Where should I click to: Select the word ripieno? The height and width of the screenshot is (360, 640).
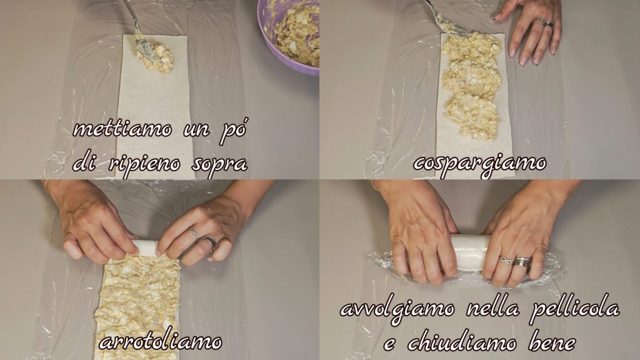coord(144,164)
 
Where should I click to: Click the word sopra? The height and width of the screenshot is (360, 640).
coord(219,164)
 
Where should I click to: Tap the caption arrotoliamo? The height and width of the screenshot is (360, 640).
coord(161,342)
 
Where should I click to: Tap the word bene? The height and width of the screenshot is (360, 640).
coord(552,343)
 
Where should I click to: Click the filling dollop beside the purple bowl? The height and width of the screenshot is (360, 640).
coord(156,56)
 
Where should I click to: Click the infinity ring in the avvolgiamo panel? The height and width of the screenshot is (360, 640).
coord(505,259)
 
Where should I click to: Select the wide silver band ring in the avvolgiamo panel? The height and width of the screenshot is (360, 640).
coord(522,262)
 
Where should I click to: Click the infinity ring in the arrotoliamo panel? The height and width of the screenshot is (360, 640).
coord(193,233)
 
